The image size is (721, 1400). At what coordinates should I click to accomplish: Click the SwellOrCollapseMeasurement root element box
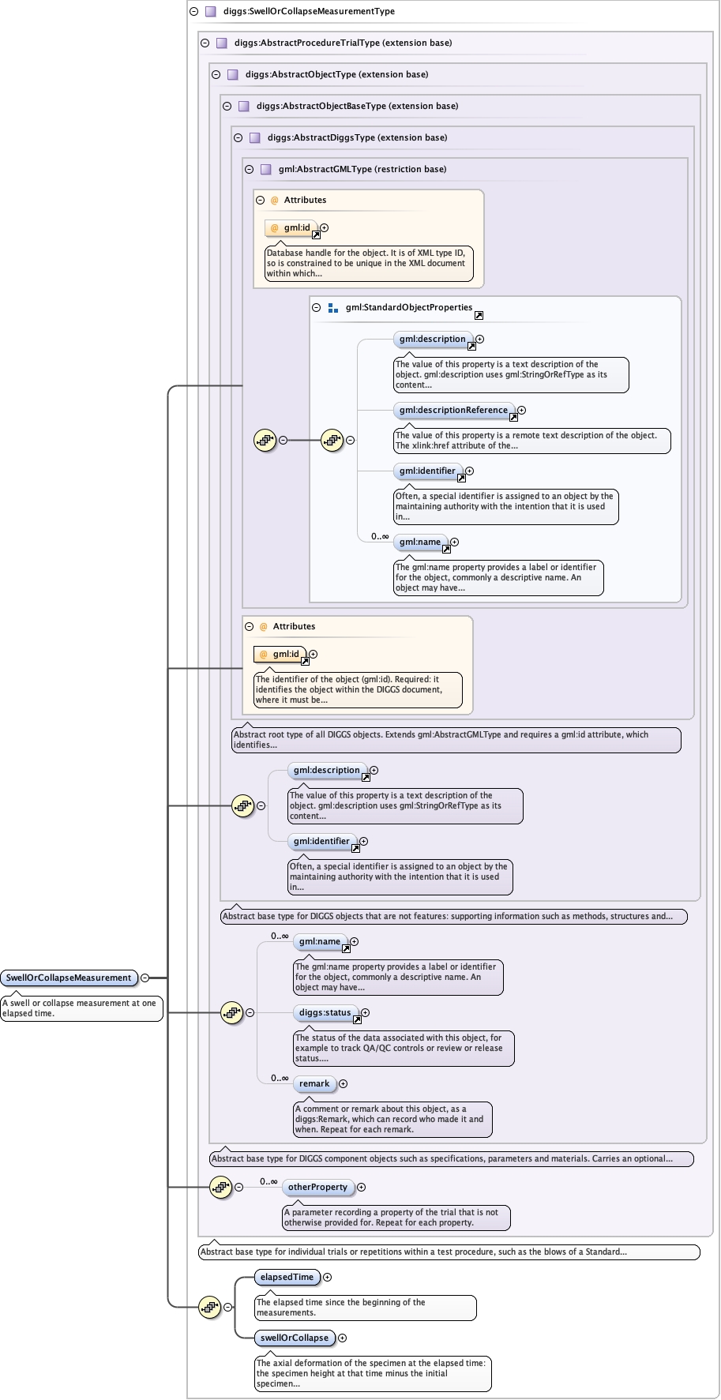tap(69, 978)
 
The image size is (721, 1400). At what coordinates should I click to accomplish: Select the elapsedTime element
tap(287, 1277)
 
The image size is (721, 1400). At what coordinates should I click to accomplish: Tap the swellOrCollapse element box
tap(295, 1338)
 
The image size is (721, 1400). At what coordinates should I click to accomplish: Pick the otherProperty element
tap(317, 1187)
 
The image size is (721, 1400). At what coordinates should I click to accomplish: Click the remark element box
tap(314, 1083)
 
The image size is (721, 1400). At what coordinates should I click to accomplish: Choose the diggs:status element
tap(325, 1012)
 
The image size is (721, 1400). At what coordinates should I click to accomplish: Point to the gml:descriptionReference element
tap(454, 410)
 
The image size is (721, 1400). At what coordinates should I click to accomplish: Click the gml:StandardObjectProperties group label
tap(409, 307)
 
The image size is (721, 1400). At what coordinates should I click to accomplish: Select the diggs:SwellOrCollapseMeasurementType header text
tap(310, 11)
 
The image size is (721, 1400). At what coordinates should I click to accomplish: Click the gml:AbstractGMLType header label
tap(362, 169)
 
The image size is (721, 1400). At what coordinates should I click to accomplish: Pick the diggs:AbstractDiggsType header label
tap(358, 137)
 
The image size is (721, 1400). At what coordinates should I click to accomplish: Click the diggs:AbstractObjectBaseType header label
tap(358, 106)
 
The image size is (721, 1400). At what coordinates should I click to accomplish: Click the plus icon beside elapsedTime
tap(328, 1277)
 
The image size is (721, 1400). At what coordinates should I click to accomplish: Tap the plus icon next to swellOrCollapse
tap(343, 1338)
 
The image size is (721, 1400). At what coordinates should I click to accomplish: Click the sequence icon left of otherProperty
tap(221, 1187)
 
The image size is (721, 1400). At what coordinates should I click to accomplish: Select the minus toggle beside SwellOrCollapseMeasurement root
tap(145, 978)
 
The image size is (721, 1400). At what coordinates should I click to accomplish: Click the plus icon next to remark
tap(344, 1083)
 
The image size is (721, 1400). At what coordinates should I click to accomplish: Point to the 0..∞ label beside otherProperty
tap(269, 1181)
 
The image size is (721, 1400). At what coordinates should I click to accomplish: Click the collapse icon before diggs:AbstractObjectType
tap(216, 74)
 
